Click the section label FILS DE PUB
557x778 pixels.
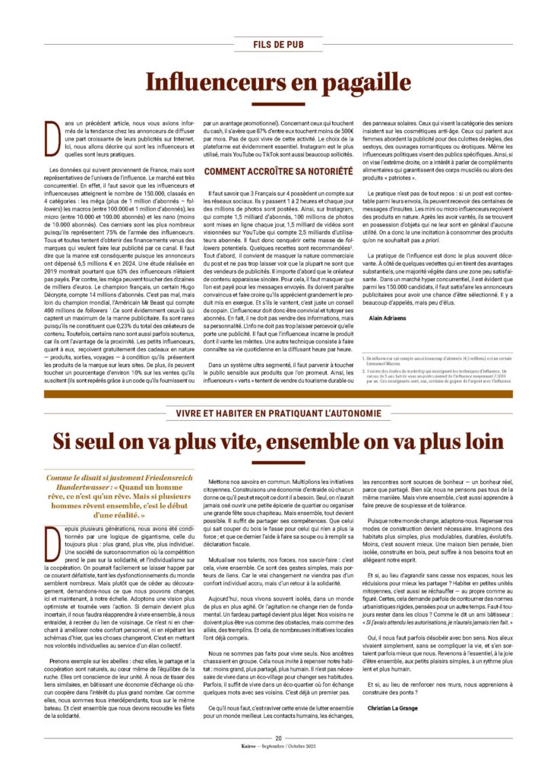(278, 45)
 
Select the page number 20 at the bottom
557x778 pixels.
(278, 737)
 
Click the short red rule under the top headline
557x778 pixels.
(278, 105)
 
